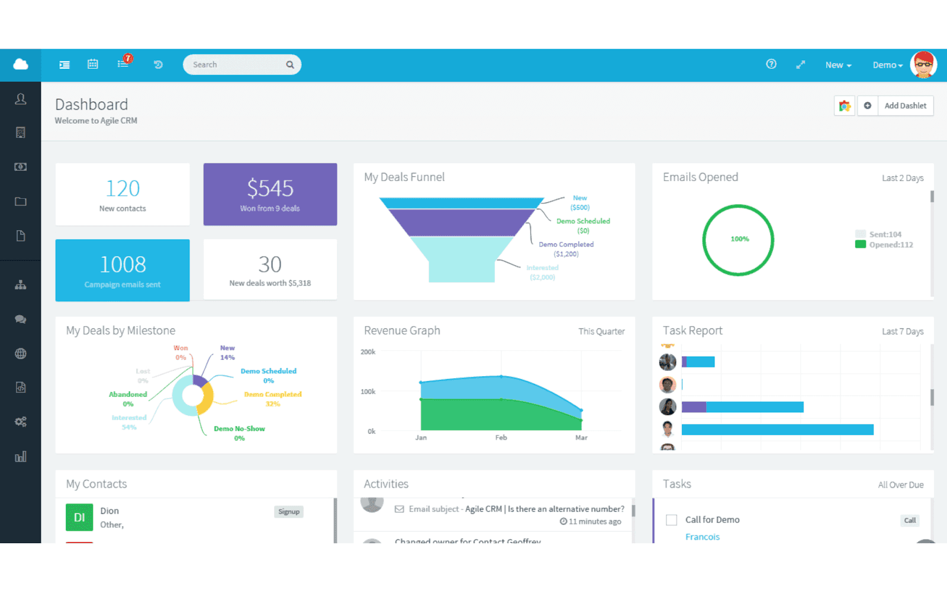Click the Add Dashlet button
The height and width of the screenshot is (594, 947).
click(905, 106)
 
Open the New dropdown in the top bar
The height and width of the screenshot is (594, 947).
click(838, 65)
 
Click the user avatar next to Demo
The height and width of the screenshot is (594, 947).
click(923, 64)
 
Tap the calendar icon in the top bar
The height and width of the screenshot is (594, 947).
click(93, 64)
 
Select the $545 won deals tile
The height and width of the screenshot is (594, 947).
click(270, 194)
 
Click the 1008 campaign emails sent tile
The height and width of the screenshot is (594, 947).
click(123, 270)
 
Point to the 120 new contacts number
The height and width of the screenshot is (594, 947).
click(123, 189)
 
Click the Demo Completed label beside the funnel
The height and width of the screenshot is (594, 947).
click(566, 244)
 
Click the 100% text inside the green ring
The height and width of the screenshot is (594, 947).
click(739, 239)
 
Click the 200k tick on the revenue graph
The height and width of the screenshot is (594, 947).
click(368, 352)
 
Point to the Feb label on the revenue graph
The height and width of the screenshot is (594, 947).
click(501, 438)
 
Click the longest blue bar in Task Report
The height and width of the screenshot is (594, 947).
click(777, 430)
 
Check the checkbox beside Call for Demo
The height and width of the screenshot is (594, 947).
click(671, 520)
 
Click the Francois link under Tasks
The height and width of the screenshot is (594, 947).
click(702, 537)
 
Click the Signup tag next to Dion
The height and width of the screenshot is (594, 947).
click(289, 512)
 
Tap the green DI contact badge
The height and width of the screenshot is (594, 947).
click(79, 518)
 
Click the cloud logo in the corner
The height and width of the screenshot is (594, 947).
click(21, 64)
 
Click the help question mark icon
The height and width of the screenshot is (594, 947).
click(771, 64)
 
